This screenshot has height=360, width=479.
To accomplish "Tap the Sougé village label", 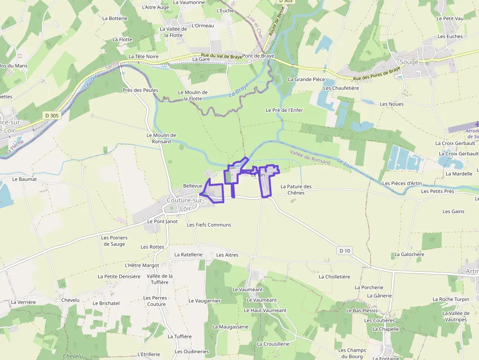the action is point(409,62).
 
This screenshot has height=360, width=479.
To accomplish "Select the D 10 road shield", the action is point(345,251).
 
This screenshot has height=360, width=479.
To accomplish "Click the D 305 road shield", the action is point(51,115).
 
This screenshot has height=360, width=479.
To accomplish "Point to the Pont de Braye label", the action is point(259,56).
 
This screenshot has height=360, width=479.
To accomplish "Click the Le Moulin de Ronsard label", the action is point(161,138).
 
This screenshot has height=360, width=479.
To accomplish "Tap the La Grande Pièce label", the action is point(306,79).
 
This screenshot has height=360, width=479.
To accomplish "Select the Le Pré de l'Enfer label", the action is point(284,110).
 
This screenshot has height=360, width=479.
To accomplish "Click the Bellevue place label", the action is point(193,186).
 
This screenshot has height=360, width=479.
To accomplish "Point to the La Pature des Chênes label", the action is point(296,190).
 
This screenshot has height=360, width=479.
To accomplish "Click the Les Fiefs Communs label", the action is point(209,225).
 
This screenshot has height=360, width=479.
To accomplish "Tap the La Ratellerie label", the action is point(188,254).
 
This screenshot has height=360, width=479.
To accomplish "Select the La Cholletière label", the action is point(334,276).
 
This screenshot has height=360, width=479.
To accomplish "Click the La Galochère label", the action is point(409,254).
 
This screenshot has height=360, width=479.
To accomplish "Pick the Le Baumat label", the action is point(24,179).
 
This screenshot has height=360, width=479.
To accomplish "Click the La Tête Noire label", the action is point(143,57).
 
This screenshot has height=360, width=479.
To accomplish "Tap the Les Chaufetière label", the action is point(341,88).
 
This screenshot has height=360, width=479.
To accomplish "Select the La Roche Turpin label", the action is point(451,299).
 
